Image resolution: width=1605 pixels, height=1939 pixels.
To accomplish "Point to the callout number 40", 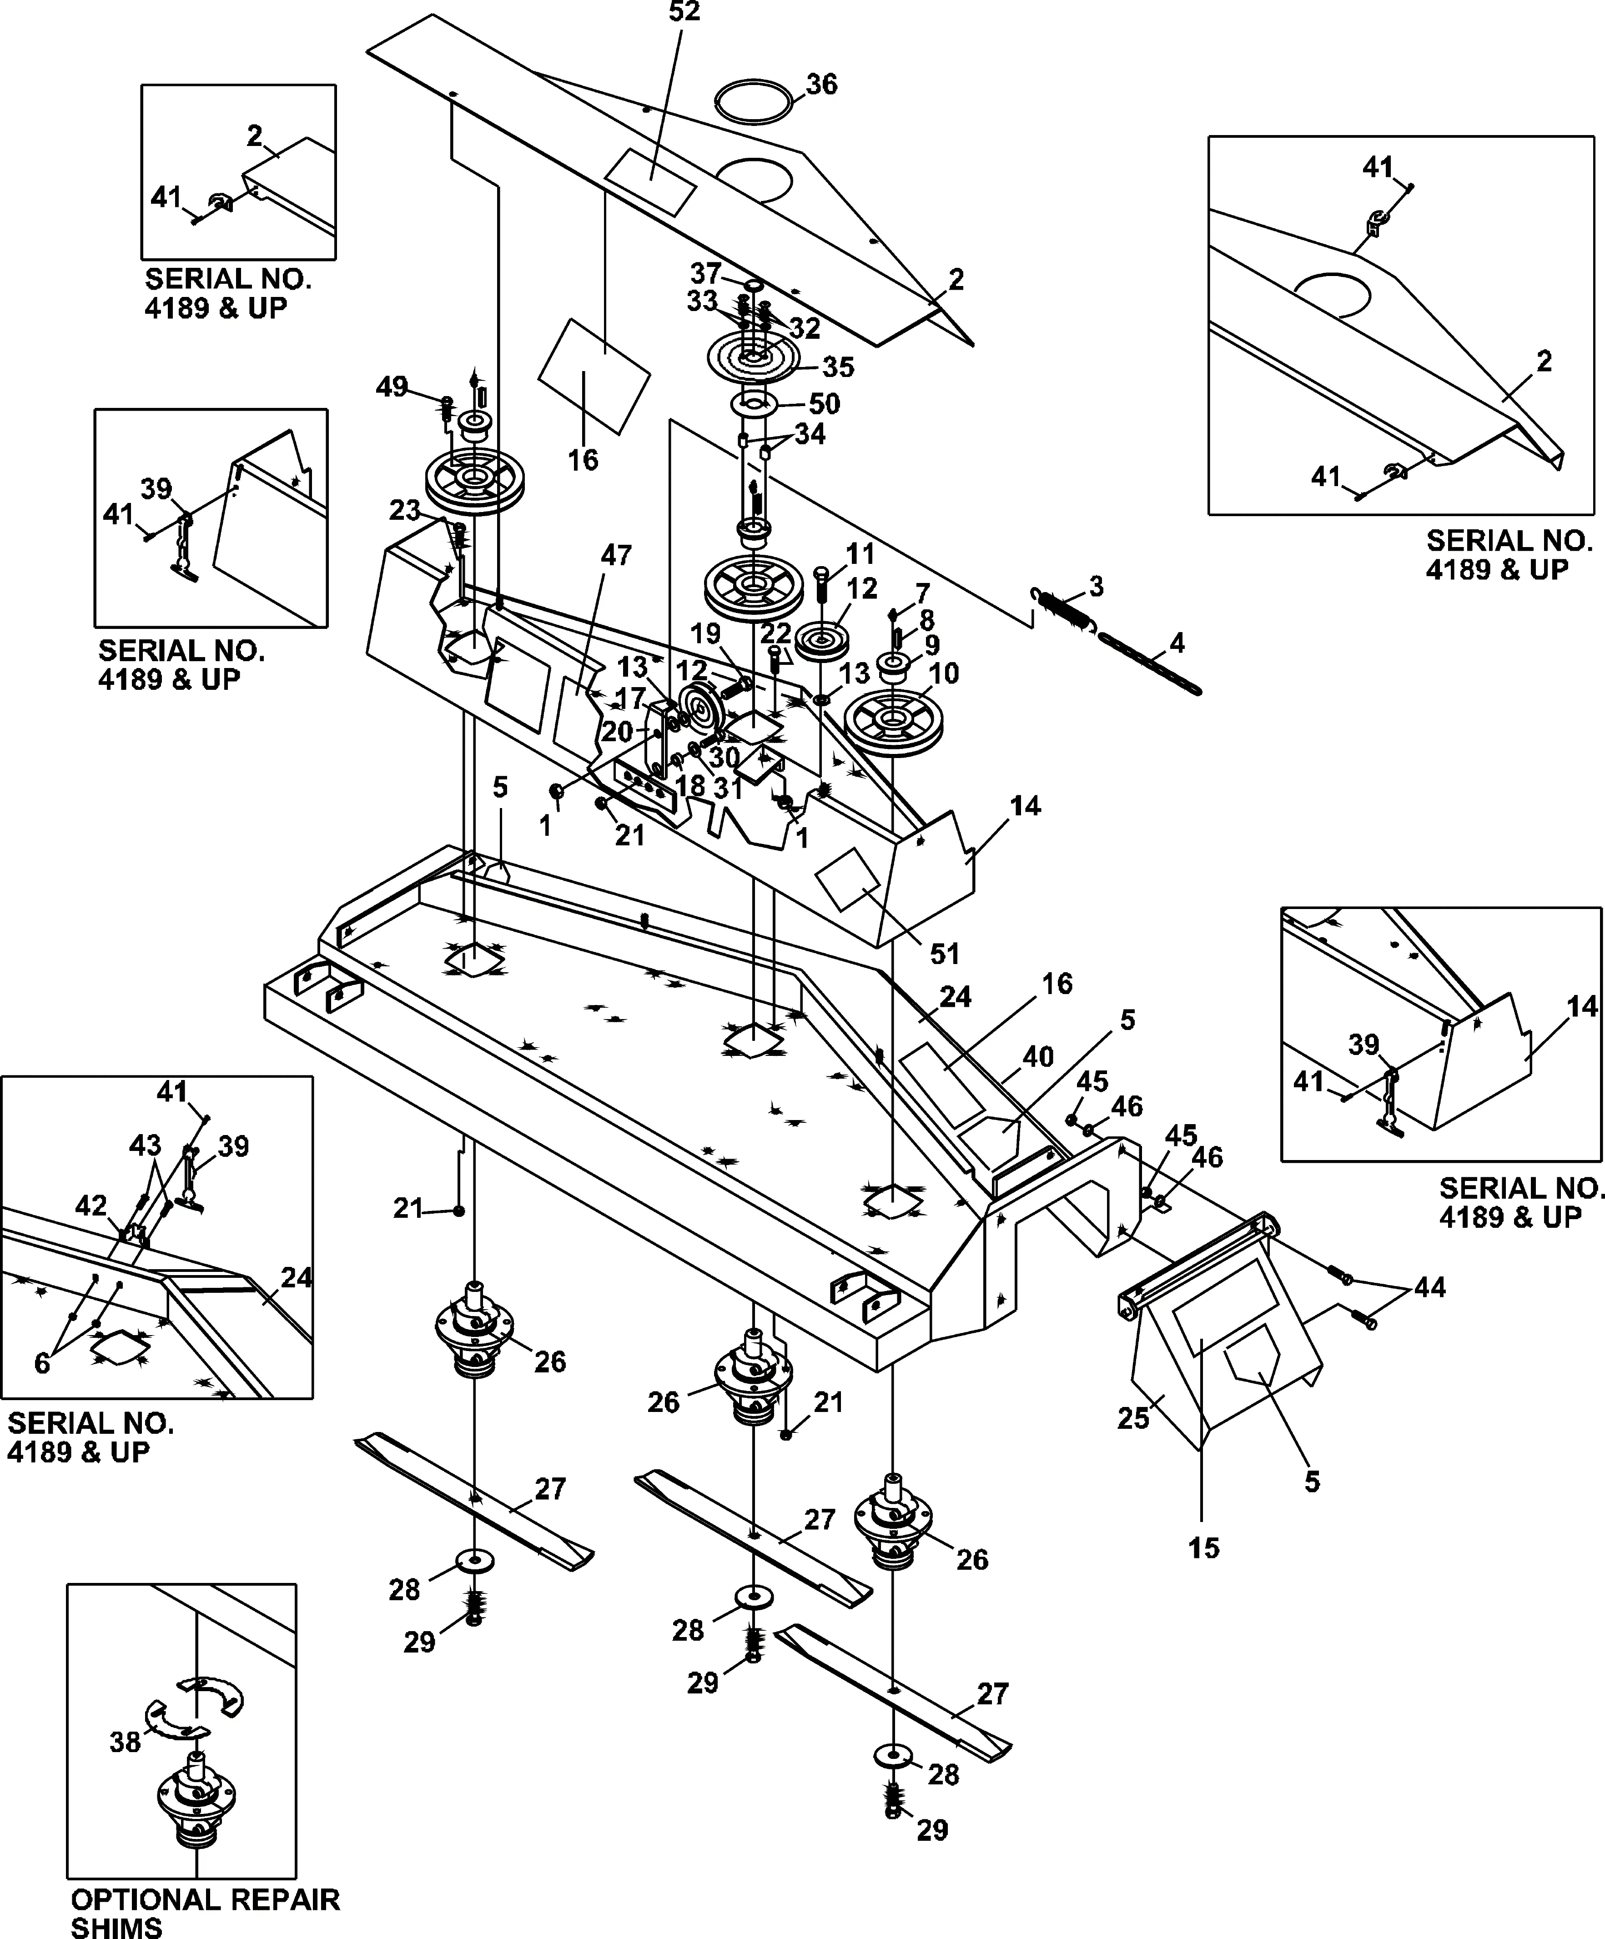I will [1038, 1056].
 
